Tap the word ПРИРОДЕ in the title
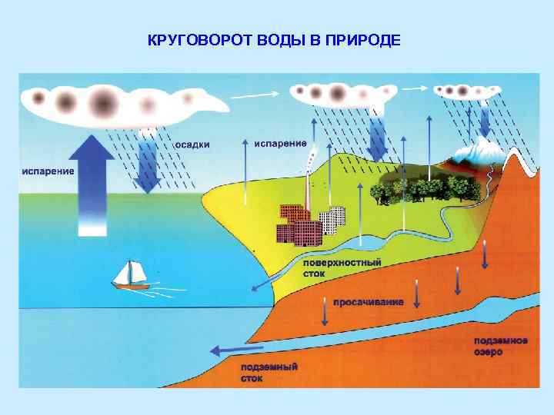point(364,40)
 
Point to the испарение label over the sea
point(48,171)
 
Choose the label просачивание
point(368,302)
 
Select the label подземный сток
point(269,373)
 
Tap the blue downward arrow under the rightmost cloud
point(485,120)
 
